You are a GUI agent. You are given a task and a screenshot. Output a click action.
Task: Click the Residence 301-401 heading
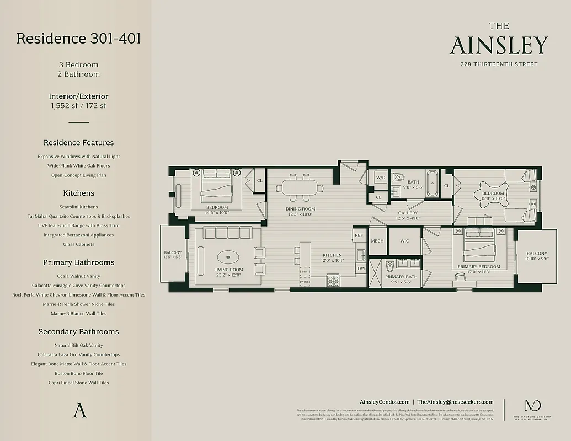click(78, 39)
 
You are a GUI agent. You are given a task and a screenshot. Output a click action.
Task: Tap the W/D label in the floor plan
click(381, 178)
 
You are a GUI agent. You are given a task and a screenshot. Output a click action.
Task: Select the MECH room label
click(377, 241)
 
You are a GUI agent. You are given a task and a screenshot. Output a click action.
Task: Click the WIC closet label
click(404, 241)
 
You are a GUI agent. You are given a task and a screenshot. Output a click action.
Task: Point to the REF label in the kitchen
click(359, 235)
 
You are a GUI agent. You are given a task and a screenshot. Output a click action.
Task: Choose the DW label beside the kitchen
click(361, 268)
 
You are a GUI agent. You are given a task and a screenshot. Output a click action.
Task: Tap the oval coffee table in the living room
click(228, 257)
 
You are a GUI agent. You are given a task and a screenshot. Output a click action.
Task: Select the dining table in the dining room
click(300, 187)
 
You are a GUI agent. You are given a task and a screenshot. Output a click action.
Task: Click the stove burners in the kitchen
click(333, 280)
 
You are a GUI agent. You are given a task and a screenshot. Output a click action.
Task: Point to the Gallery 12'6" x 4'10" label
click(407, 216)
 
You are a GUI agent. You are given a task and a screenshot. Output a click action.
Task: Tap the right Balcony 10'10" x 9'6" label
click(536, 256)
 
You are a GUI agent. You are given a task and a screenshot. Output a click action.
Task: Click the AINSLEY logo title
click(499, 46)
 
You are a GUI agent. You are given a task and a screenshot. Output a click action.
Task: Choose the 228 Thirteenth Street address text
click(499, 64)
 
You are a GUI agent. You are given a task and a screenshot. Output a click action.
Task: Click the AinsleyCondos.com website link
click(384, 402)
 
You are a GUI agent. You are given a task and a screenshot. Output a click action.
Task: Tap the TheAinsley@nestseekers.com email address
click(455, 402)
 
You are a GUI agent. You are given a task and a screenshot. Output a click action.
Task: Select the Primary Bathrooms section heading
click(78, 262)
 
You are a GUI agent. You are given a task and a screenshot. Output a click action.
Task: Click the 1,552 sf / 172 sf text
click(78, 105)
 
